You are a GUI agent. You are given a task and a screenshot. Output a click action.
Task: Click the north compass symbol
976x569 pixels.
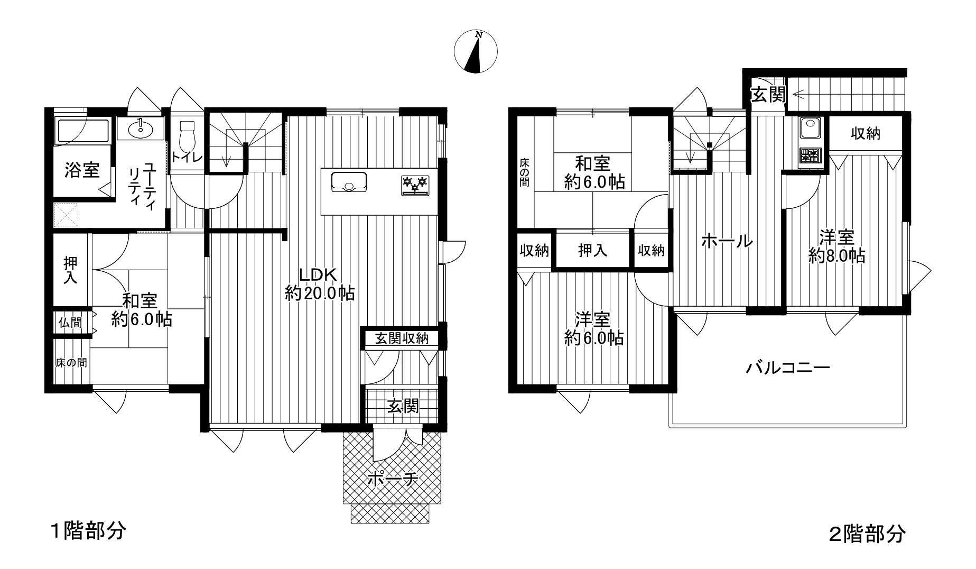coord(476,51)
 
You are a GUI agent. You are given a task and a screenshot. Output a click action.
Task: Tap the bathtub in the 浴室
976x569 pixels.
coord(82,131)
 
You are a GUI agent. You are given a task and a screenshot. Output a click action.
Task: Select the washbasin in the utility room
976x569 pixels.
coord(140,127)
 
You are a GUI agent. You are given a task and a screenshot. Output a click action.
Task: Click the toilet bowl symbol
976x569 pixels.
coord(187,137)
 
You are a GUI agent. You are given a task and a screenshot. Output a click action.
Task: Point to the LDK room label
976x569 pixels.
coord(318,274)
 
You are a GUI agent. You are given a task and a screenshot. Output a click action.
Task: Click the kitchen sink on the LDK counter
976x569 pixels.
coord(349,182)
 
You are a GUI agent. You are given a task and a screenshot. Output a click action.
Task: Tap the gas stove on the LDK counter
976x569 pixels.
coord(415,186)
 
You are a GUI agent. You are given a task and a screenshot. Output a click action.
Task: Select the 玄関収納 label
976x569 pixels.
coord(402,338)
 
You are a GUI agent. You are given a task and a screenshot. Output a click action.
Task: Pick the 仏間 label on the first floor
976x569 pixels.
coord(70,322)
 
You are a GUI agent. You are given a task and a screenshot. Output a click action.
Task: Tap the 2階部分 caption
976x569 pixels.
coord(867,534)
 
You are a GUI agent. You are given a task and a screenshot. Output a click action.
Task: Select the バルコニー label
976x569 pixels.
coord(788,368)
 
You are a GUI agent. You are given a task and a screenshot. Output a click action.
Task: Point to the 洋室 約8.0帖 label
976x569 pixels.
coord(836,246)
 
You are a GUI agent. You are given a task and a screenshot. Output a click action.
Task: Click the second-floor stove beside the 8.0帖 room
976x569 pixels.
coord(811,155)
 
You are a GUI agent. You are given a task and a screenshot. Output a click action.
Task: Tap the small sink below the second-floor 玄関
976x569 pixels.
coord(810,127)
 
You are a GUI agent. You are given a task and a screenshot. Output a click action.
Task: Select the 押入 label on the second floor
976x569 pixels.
coord(592,250)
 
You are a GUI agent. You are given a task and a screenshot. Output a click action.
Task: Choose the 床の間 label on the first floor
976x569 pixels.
coord(72,363)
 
